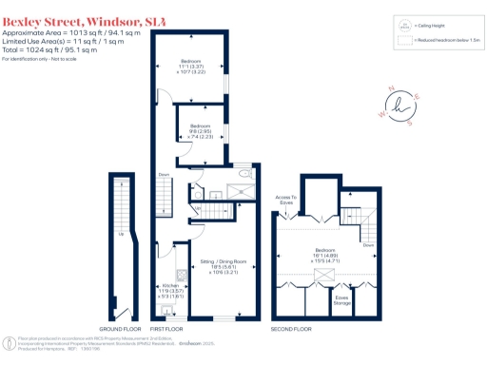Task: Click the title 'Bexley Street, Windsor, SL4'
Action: pyautogui.click(x=70, y=20)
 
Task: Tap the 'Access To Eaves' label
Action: pyautogui.click(x=287, y=199)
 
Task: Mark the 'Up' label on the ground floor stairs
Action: pyautogui.click(x=122, y=234)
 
